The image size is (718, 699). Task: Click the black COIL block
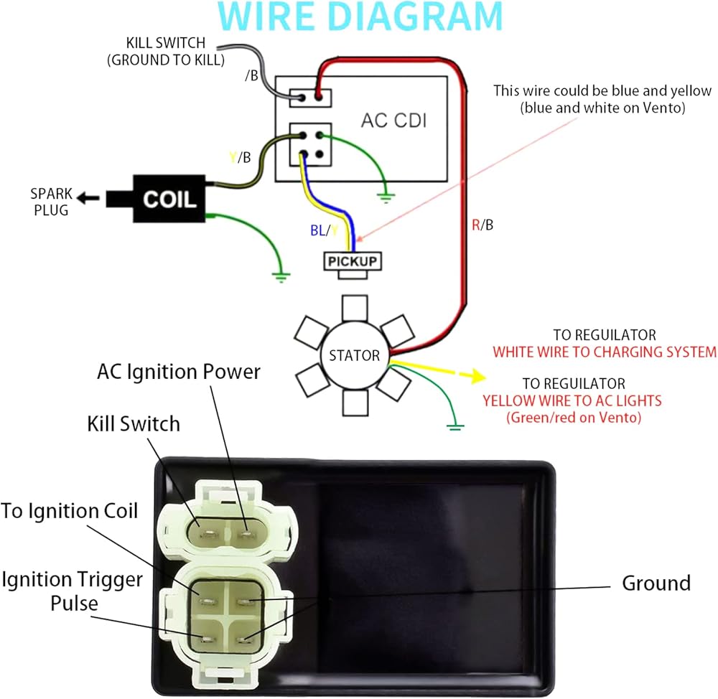click(x=169, y=199)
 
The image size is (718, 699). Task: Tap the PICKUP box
click(x=352, y=261)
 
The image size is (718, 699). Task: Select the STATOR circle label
click(x=355, y=355)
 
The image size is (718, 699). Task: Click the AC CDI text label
click(x=393, y=121)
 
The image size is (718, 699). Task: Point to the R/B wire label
click(x=482, y=225)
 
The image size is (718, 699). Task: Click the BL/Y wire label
click(x=325, y=230)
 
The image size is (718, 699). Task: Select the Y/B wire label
click(x=240, y=157)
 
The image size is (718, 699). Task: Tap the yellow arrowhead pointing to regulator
click(x=478, y=376)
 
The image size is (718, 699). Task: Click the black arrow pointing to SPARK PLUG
click(x=88, y=198)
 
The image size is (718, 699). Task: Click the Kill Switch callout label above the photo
click(x=134, y=424)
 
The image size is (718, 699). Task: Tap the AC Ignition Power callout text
click(x=179, y=372)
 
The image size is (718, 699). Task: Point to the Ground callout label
click(x=656, y=583)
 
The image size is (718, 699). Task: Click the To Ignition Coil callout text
click(x=69, y=511)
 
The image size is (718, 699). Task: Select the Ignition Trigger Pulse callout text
click(x=73, y=591)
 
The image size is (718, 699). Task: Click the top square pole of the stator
click(x=355, y=308)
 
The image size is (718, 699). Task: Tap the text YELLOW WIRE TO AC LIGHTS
click(x=572, y=401)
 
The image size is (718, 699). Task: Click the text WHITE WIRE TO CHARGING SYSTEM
click(x=605, y=352)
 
